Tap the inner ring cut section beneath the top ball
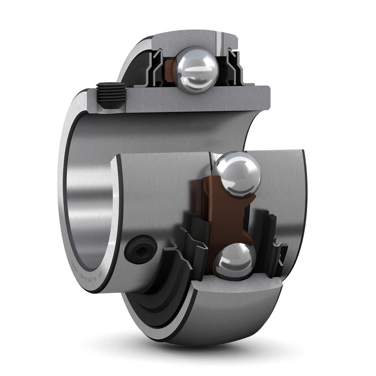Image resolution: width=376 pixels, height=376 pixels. click(x=182, y=102)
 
